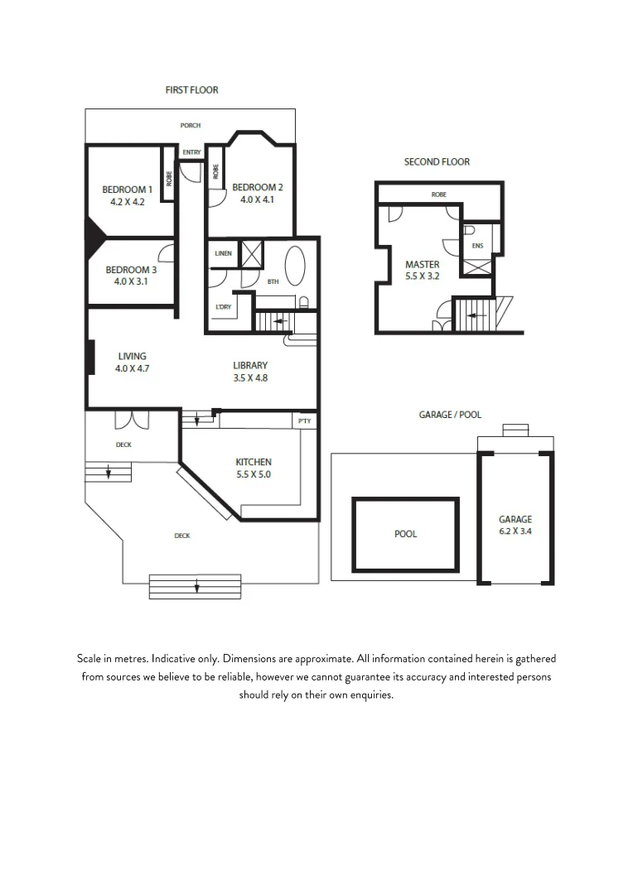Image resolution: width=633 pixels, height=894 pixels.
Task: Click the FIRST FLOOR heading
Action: (191, 89)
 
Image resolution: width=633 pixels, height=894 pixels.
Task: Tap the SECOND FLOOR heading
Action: (437, 161)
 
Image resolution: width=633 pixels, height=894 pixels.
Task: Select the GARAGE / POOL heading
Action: (450, 415)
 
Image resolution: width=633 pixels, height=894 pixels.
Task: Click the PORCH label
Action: (191, 126)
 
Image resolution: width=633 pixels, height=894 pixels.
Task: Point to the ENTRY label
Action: (191, 152)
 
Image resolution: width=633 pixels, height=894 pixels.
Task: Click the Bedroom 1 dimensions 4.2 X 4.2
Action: (127, 201)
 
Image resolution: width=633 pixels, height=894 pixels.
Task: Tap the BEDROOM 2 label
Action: (258, 187)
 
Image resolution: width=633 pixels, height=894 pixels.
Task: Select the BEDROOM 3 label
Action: (131, 270)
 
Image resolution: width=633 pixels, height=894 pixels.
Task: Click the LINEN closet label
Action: (223, 253)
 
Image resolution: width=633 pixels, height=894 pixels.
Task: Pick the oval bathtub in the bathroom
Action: (295, 267)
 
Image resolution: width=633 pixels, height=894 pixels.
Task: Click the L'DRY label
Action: (223, 307)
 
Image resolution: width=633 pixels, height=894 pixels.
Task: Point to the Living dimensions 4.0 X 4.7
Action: (132, 369)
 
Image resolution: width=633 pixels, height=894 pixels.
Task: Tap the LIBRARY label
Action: (250, 365)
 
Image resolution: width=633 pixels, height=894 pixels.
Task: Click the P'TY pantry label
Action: (304, 421)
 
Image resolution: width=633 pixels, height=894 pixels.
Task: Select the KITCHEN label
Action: (254, 462)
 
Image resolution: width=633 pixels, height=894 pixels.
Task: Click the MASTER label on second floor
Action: (422, 265)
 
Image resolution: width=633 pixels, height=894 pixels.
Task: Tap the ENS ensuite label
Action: (477, 246)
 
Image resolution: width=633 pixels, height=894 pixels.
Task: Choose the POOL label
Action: (405, 534)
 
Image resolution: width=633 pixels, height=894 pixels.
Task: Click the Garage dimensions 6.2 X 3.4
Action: (515, 531)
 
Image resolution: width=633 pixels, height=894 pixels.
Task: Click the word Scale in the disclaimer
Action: (90, 659)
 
